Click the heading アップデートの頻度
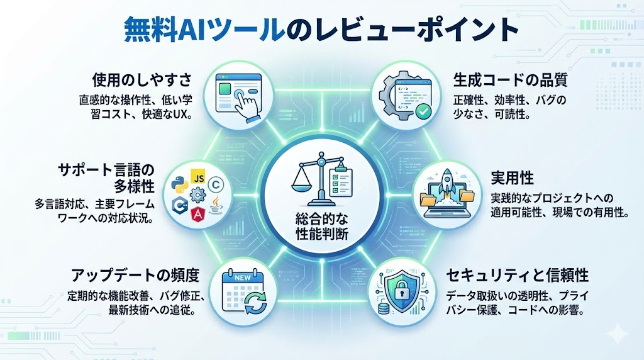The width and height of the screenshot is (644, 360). [x=135, y=275]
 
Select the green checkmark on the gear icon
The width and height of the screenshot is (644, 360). [x=423, y=111]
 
